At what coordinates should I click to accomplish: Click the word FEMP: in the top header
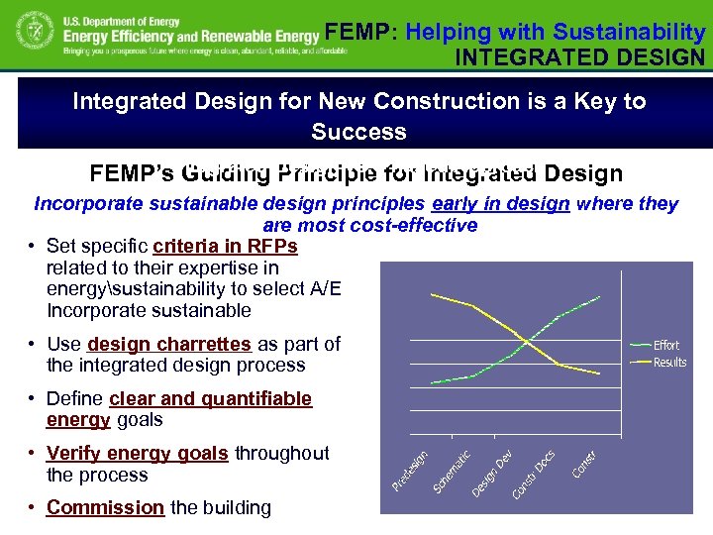tap(359, 33)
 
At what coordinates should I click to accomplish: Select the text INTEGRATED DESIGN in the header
tap(579, 56)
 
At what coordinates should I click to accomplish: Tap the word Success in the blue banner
tap(358, 132)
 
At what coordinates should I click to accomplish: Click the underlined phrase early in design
tap(501, 204)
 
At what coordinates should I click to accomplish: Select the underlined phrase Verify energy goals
tap(138, 453)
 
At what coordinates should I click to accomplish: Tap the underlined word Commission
tap(105, 507)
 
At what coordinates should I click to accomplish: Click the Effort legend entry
tap(665, 345)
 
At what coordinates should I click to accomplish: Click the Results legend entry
tap(669, 362)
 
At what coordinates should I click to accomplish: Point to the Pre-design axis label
tap(409, 469)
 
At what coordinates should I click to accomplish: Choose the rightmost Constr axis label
tap(584, 463)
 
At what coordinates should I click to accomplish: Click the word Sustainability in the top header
tap(629, 33)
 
